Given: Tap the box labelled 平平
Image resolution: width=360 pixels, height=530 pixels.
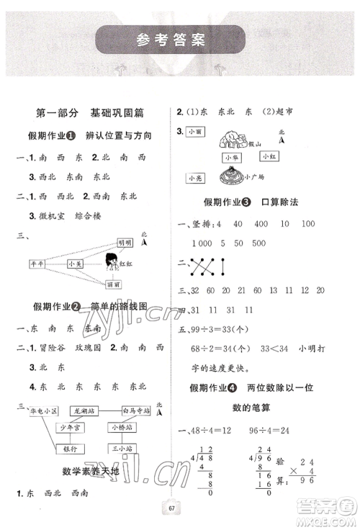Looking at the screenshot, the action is [37, 265].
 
